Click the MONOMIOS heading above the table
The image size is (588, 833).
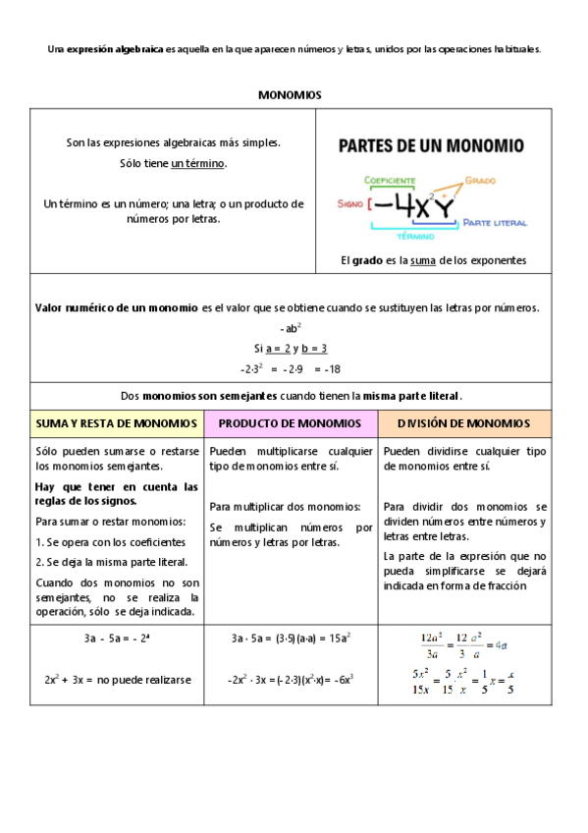[290, 95]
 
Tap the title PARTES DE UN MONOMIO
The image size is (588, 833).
[431, 146]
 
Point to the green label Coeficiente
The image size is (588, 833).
[390, 181]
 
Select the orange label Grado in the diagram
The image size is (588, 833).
[480, 181]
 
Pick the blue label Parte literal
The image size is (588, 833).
[496, 223]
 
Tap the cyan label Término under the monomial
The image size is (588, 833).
[416, 236]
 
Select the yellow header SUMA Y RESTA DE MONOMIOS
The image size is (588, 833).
[116, 423]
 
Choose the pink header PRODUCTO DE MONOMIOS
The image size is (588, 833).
[290, 423]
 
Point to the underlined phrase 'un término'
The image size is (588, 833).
[198, 163]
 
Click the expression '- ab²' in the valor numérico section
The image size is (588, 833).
[290, 328]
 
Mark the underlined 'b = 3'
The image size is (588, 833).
[313, 348]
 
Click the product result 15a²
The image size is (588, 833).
[340, 638]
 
